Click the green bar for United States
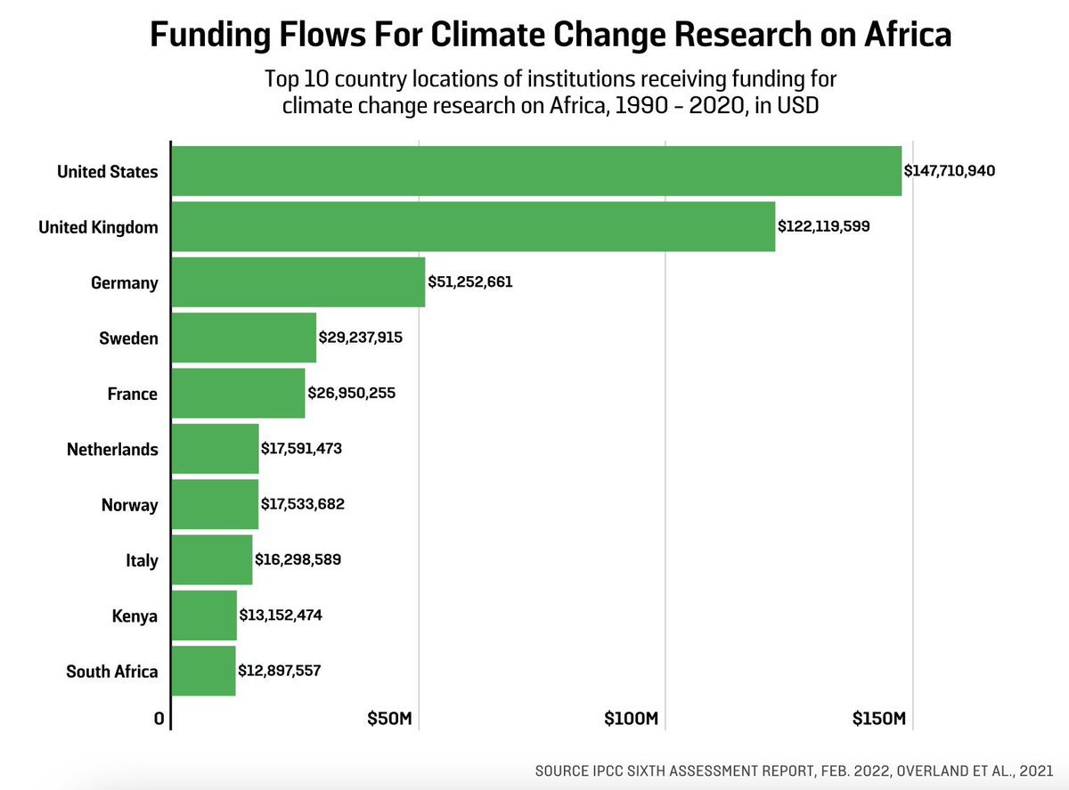coord(535,171)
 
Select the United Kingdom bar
coord(472,227)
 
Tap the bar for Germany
coord(298,282)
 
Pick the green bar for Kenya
coord(204,615)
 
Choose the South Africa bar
coord(203,671)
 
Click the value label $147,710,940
coord(949,171)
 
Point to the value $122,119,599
coord(823,227)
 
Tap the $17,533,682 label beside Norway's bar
coord(302,505)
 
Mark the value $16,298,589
coord(298,560)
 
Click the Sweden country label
coord(128,338)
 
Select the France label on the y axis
coord(132,394)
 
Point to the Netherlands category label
coord(112,450)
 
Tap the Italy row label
coord(142,560)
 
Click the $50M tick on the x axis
coord(390,719)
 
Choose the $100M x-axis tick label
coord(631,719)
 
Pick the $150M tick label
coord(879,719)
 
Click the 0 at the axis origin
coord(159,719)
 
